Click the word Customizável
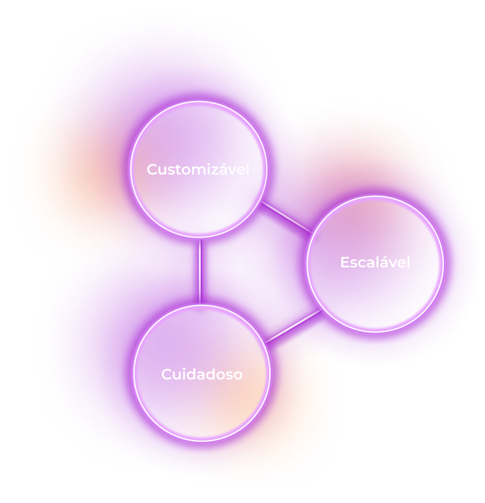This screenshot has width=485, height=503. coord(198,170)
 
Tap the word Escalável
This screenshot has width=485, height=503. coord(375,262)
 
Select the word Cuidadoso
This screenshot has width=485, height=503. coord(201,375)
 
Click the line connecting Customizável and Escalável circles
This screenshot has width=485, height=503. coord(286,216)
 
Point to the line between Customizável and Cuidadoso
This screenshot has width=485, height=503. coord(199,271)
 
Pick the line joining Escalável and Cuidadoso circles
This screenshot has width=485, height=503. coord(293,326)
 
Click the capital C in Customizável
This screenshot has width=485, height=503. coord(152,170)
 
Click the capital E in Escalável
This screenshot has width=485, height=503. coord(344,262)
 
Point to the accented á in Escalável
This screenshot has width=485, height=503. coord(377,262)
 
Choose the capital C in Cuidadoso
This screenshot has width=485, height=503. coord(166,375)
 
